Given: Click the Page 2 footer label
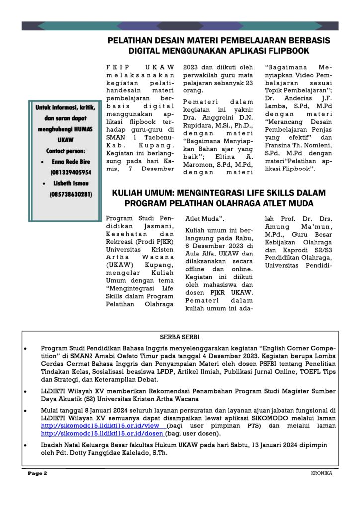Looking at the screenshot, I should (x=37, y=473).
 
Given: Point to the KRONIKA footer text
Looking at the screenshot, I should (x=318, y=473).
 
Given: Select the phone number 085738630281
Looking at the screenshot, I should (x=71, y=194).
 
